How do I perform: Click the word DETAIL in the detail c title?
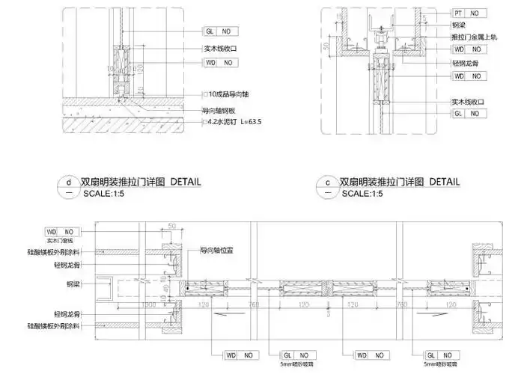point(444,182)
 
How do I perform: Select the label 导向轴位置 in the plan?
point(218,252)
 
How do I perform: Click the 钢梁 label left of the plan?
point(73,285)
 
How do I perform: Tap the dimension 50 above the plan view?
point(171,226)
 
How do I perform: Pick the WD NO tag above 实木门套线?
point(62,233)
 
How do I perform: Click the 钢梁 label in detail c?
point(458,25)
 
